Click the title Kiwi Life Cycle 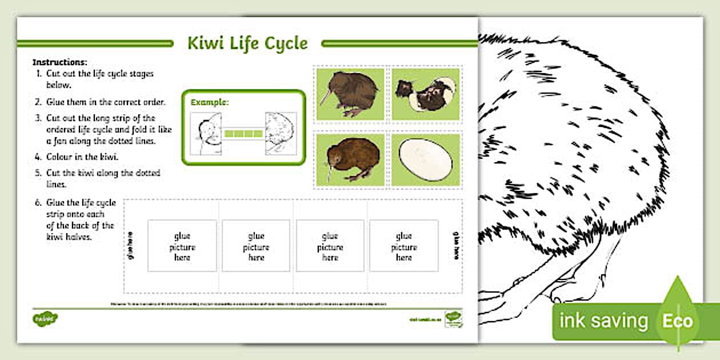click(247, 43)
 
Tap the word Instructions click(60, 62)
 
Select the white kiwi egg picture click(425, 161)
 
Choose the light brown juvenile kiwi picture click(349, 159)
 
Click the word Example click(209, 102)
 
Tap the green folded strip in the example click(243, 134)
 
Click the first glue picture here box click(182, 246)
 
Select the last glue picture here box click(403, 246)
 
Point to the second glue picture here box click(256, 246)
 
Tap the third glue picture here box click(330, 246)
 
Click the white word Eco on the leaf click(677, 321)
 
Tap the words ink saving click(603, 321)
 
